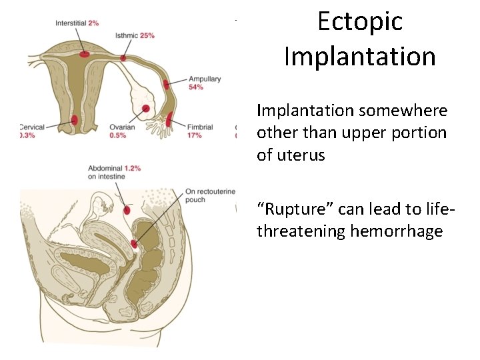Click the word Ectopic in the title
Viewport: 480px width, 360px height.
[x=360, y=21]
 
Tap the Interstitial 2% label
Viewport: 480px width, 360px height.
[x=77, y=23]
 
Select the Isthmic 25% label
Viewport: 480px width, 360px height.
[x=135, y=35]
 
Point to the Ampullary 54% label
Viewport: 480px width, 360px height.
[x=205, y=83]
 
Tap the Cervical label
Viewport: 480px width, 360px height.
[x=32, y=131]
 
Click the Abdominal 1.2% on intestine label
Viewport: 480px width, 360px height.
[x=114, y=173]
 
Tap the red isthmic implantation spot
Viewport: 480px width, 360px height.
[x=123, y=58]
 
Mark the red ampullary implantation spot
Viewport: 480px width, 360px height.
[x=165, y=86]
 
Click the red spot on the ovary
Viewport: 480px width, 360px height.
[x=145, y=109]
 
